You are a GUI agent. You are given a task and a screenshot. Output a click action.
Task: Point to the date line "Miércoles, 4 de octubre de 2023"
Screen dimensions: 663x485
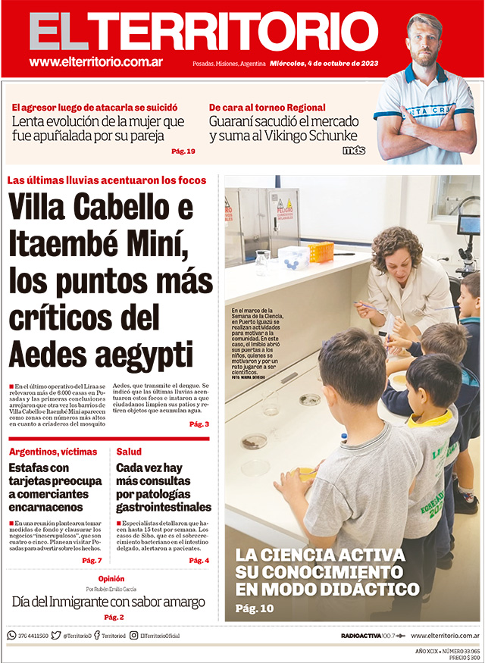coord(324,64)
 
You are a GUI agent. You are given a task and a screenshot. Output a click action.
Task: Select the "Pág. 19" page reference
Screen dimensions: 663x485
coord(183,152)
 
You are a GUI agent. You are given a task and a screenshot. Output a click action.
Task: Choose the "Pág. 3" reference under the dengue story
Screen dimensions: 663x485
coord(199,424)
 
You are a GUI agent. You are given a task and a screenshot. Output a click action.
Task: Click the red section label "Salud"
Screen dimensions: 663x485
coord(129,452)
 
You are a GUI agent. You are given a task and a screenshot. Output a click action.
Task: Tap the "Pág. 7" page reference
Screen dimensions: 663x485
coord(92,560)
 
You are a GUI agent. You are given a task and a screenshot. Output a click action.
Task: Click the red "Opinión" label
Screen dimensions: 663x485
coord(111,578)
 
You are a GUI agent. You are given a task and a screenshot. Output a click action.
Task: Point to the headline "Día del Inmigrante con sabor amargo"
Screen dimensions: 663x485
coord(108,602)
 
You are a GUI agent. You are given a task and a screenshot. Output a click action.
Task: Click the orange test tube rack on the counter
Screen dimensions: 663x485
coord(321,250)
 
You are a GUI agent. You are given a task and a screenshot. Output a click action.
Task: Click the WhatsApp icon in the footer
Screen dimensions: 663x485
coord(11,636)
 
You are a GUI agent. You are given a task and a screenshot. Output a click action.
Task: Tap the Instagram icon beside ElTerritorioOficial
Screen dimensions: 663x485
coord(133,636)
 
